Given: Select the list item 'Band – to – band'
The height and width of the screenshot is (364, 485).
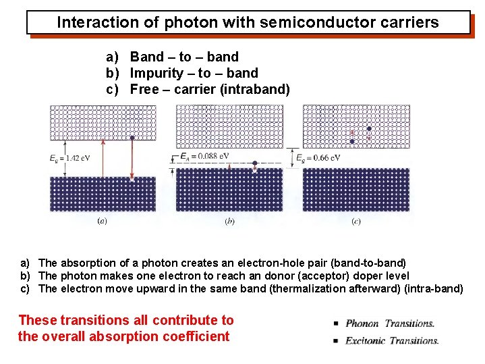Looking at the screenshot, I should click(x=184, y=57).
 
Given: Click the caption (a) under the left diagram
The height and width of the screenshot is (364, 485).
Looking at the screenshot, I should click(x=103, y=220).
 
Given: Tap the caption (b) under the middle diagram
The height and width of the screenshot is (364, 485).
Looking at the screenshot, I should click(x=229, y=220).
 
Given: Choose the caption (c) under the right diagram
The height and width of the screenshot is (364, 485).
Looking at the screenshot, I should click(x=356, y=220).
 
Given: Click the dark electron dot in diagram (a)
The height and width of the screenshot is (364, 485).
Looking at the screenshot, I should click(x=132, y=137).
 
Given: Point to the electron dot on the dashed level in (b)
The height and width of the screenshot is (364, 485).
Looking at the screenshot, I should click(x=254, y=163).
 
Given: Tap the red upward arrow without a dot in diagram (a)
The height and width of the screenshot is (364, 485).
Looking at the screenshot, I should click(x=103, y=159).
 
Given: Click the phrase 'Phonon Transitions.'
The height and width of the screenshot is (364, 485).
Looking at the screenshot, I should click(x=390, y=323).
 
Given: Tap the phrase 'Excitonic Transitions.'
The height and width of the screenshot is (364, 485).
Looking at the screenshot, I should click(x=392, y=340).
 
